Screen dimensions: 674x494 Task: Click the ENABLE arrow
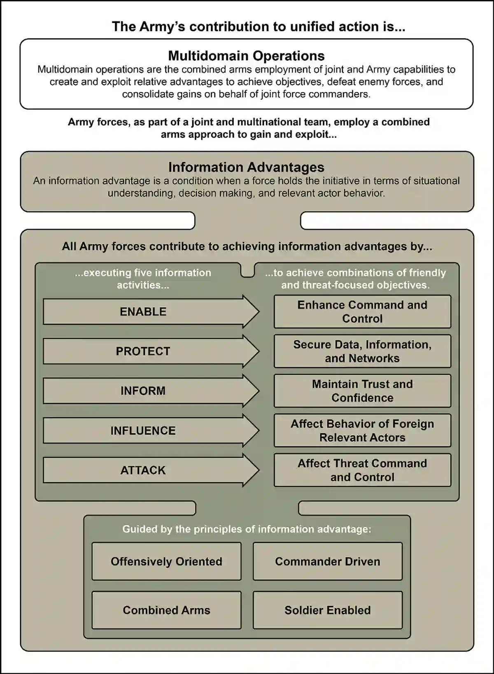[143, 312]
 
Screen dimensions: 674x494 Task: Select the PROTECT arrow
[143, 351]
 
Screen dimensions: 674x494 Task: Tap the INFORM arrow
[143, 391]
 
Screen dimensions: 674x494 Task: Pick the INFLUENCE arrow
[143, 431]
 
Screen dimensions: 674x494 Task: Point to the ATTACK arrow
[143, 470]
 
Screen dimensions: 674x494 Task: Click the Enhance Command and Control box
[362, 312]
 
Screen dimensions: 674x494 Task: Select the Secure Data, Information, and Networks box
[362, 351]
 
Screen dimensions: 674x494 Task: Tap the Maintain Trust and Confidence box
[362, 391]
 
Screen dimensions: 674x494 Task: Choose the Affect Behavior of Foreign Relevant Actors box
[362, 431]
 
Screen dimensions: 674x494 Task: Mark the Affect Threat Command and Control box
[362, 470]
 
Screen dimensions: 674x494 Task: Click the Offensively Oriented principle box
[166, 561]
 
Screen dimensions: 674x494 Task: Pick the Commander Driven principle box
[328, 561]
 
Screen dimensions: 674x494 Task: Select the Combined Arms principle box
[166, 610]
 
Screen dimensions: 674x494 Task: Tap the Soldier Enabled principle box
[328, 610]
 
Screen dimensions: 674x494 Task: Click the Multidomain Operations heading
[247, 55]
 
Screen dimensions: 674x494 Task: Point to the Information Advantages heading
[247, 167]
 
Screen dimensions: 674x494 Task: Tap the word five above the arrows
[145, 273]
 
